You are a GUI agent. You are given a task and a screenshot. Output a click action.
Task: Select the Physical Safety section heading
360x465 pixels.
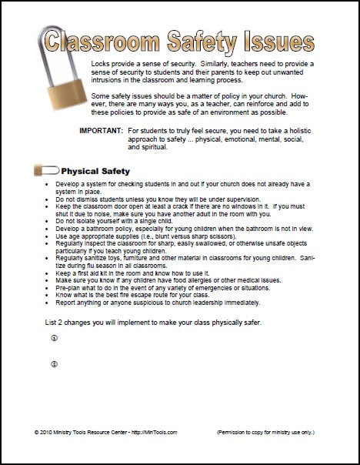click(95, 171)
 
